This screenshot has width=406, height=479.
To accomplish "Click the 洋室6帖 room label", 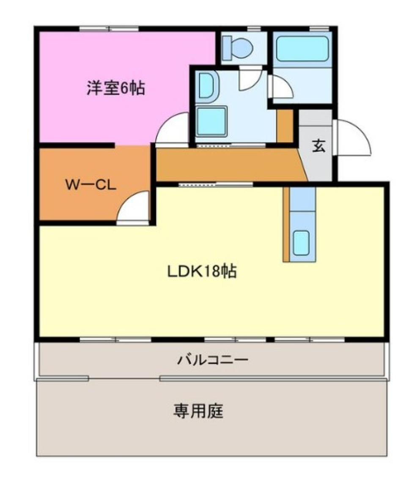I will [x=115, y=89].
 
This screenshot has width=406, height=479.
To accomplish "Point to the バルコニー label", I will [x=212, y=360].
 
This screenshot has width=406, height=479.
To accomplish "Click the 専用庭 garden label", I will [x=198, y=411].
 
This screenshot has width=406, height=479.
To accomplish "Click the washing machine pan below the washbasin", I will [x=211, y=121].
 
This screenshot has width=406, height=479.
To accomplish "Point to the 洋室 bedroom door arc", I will [x=172, y=129].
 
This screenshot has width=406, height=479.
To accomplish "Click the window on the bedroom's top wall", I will [x=109, y=29].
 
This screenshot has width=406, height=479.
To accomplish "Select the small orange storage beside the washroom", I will [x=285, y=126].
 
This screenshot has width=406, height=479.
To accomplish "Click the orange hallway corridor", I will [x=228, y=165].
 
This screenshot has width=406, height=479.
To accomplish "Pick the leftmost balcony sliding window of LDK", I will [x=115, y=339].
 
